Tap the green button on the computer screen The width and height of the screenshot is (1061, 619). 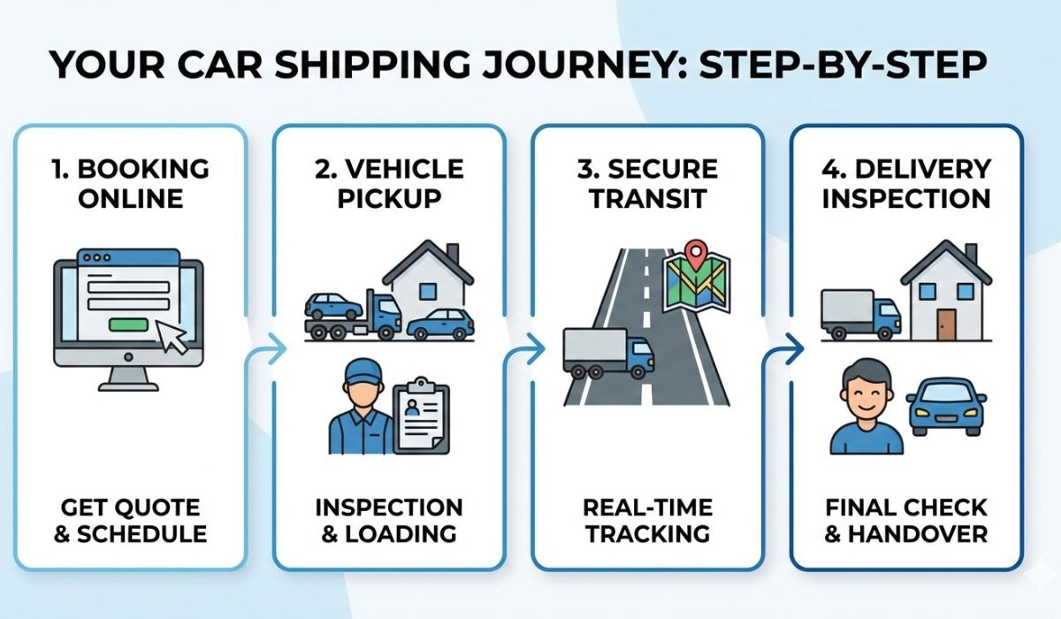coord(129,325)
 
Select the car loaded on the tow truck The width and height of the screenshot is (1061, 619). coord(333,305)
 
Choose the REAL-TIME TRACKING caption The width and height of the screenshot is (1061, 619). coord(646,521)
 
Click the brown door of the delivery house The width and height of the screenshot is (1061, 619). coord(947,325)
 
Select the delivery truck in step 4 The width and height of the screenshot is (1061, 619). coord(859,315)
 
